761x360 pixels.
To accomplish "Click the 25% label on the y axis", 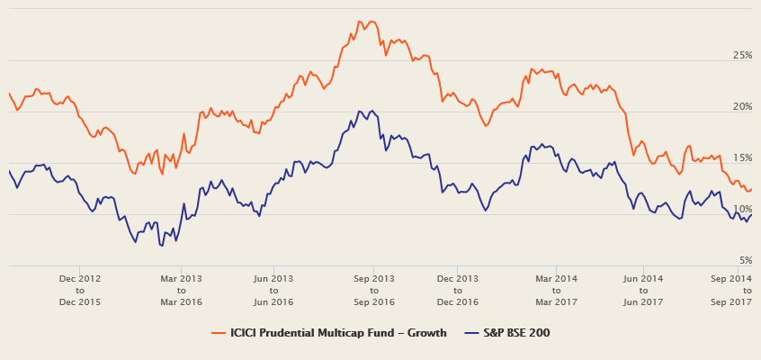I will click(x=742, y=56).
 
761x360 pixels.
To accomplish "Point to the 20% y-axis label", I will click(x=742, y=107).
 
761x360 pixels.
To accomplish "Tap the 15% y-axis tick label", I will click(x=742, y=158).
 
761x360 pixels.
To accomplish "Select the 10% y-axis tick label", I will click(x=742, y=210).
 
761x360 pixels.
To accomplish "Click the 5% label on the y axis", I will click(x=745, y=261).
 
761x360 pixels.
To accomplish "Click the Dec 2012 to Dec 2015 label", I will click(x=79, y=291).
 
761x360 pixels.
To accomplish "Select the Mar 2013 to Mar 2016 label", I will click(x=181, y=291).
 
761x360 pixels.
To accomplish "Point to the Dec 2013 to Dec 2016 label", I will click(x=457, y=291).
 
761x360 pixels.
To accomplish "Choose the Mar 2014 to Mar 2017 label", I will click(x=556, y=291).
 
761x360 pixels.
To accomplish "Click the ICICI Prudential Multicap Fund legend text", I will click(x=338, y=333).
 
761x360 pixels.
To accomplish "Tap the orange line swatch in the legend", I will click(x=218, y=333).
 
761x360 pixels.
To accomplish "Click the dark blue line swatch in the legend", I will click(x=470, y=333).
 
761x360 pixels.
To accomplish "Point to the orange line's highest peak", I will click(x=360, y=21).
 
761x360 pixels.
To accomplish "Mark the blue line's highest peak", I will click(x=360, y=111).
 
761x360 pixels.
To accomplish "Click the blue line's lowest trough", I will click(x=161, y=245).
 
